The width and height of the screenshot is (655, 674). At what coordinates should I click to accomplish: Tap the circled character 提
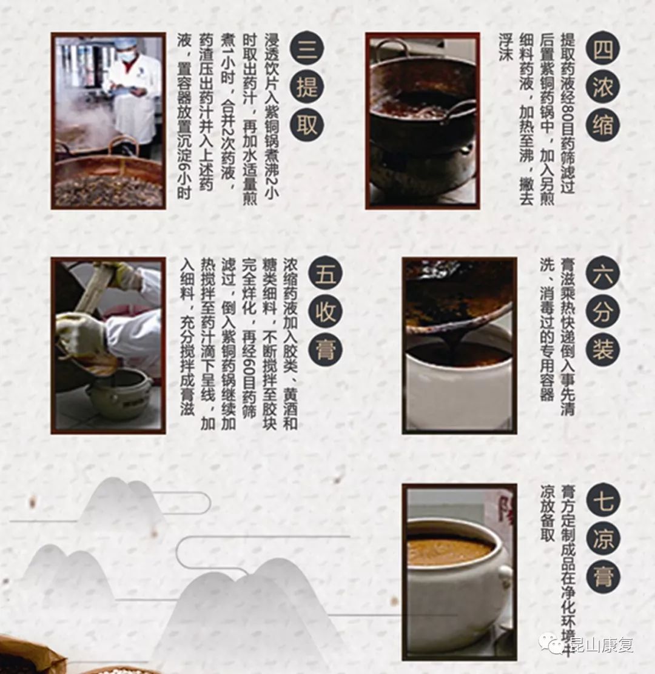(x=307, y=87)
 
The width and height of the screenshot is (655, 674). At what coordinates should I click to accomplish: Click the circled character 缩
(x=603, y=125)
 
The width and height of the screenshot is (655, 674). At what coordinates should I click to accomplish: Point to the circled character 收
(x=326, y=313)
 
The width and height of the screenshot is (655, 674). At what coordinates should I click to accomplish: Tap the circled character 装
(x=603, y=350)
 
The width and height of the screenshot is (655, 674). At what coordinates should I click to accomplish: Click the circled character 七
(x=603, y=501)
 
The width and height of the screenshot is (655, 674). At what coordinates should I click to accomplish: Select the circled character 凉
(x=603, y=539)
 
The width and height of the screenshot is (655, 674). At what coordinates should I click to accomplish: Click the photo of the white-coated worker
(x=109, y=121)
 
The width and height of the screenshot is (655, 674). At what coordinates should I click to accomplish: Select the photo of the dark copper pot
(x=423, y=121)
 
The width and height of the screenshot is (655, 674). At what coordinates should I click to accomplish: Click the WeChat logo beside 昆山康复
(x=552, y=644)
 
